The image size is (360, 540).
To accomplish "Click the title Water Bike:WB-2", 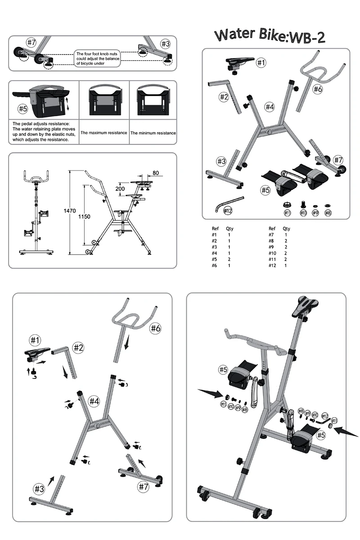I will coord(270,36).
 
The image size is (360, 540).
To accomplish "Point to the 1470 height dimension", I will coord(70,210).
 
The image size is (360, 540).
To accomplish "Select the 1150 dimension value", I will coord(84,216).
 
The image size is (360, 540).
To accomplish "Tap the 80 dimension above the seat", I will coord(156,172).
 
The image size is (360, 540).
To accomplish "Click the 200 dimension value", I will coord(120,189).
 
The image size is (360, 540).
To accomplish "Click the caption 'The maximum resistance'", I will coord(103,133).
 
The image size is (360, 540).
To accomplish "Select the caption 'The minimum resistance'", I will coord(153,133).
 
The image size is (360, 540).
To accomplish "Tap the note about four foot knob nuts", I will coord(97,58).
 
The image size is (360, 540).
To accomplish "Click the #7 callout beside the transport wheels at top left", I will coord(31,43).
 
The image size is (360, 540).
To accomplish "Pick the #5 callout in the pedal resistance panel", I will coord(22,108).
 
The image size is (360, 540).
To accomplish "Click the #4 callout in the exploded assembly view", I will coord(94,400).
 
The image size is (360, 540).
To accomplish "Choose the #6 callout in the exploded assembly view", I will coord(155,328).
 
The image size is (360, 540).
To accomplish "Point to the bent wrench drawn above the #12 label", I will coord(229,201).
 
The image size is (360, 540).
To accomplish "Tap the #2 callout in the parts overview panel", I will coord(224,96).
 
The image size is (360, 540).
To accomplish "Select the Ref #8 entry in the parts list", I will coord(271,241).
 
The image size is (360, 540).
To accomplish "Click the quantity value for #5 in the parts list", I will coord(229,259).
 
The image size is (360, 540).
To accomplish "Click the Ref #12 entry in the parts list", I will coord(272,265).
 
